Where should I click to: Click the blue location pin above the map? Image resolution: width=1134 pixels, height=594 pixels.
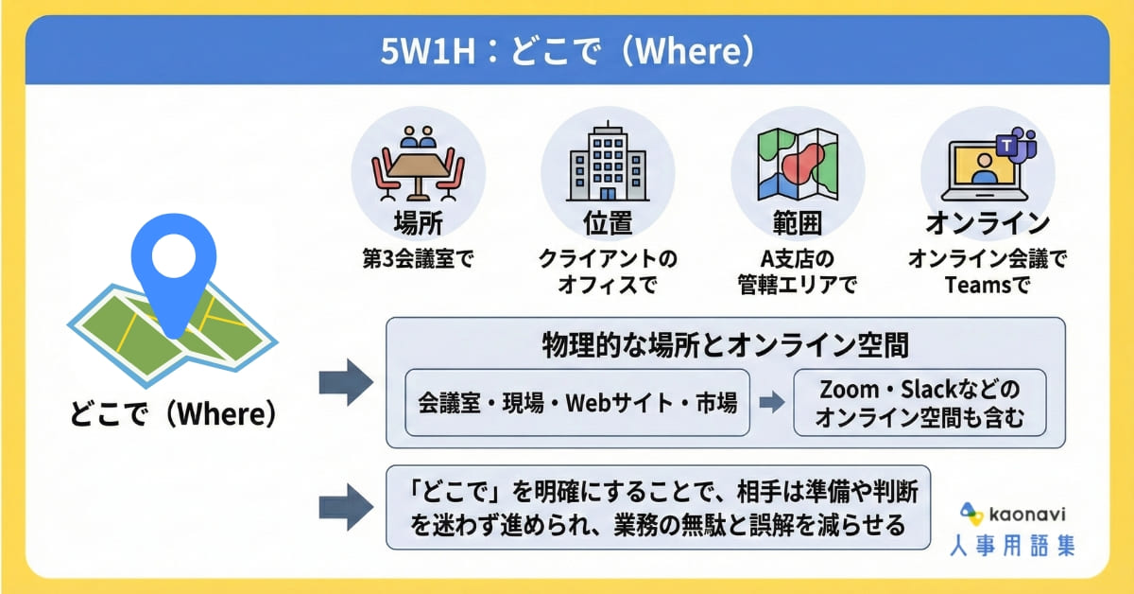[x=174, y=264]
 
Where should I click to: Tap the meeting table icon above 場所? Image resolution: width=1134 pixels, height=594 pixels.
[x=418, y=163]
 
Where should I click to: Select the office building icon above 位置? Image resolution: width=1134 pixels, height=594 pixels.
[x=608, y=161]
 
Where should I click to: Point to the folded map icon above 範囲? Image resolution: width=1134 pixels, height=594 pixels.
[x=798, y=164]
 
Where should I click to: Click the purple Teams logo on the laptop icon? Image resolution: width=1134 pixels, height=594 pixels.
[x=1016, y=145]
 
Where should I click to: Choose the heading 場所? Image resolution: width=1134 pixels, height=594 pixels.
[x=418, y=223]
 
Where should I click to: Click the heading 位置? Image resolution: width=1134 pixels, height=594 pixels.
[x=608, y=223]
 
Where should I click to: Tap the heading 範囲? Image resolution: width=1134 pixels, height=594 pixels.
[x=798, y=223]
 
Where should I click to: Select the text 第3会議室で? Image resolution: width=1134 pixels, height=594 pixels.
[x=418, y=259]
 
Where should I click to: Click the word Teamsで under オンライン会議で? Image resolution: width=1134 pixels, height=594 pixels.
[x=988, y=285]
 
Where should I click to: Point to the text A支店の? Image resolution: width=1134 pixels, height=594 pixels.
[x=798, y=259]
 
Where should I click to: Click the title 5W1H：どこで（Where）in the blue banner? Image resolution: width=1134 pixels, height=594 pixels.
[x=567, y=51]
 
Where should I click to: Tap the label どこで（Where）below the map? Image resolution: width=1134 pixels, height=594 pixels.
[x=173, y=413]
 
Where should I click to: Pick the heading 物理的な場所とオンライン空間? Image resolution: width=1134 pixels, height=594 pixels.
[x=726, y=345]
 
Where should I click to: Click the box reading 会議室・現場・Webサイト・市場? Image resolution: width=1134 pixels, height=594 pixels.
[x=577, y=403]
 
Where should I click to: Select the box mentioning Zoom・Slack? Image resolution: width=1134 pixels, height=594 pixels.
[x=919, y=403]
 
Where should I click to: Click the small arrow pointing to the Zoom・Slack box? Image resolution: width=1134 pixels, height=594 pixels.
[x=772, y=402]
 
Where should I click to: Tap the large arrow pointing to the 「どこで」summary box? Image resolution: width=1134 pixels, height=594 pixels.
[x=346, y=507]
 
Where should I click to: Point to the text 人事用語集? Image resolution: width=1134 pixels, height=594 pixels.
[x=1011, y=546]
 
